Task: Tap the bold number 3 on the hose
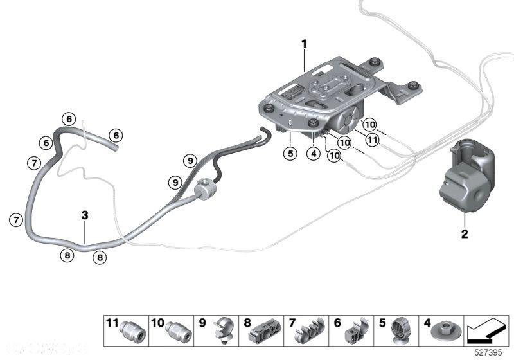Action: pos(84,217)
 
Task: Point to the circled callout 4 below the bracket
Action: pos(313,154)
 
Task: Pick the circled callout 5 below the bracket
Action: pos(290,154)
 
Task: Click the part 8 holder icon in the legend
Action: pos(265,330)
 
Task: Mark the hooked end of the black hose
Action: pos(261,133)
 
